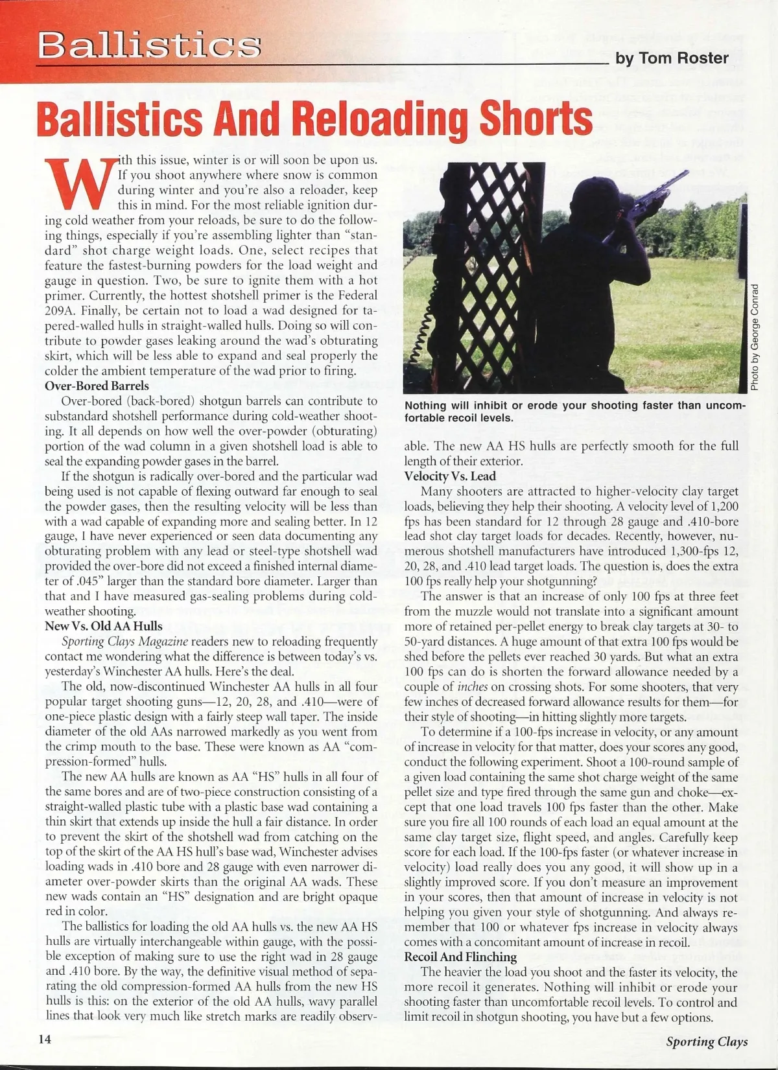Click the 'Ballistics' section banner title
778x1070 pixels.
pos(149,45)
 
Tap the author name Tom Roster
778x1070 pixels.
pos(672,58)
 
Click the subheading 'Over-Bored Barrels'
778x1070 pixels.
pos(97,386)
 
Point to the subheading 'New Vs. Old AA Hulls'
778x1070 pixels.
pos(104,626)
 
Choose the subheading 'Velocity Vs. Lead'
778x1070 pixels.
pos(450,476)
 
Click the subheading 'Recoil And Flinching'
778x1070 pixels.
pos(460,957)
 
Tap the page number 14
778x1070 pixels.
pos(45,1039)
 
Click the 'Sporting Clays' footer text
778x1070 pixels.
pos(707,1041)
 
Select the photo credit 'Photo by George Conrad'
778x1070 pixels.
pos(755,337)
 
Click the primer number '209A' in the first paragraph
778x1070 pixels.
pos(61,311)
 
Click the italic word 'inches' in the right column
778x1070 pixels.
pos(473,687)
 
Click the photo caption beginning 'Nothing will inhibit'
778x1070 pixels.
pos(575,412)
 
